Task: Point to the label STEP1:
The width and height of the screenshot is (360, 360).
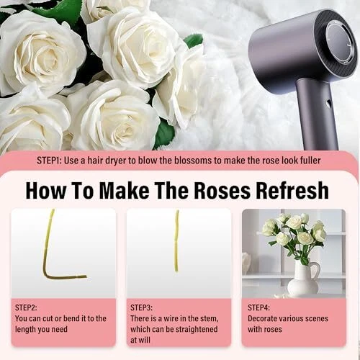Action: pos(49,161)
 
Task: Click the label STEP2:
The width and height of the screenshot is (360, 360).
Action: pos(26,307)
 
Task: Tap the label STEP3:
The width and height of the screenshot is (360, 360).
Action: pos(141,307)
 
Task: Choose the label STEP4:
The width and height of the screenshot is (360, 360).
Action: pos(258,307)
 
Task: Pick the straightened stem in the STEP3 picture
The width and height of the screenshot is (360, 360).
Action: pos(176,241)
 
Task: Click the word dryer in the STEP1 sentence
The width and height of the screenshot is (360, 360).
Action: pos(115,161)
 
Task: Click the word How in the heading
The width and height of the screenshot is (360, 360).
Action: pos(45,191)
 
